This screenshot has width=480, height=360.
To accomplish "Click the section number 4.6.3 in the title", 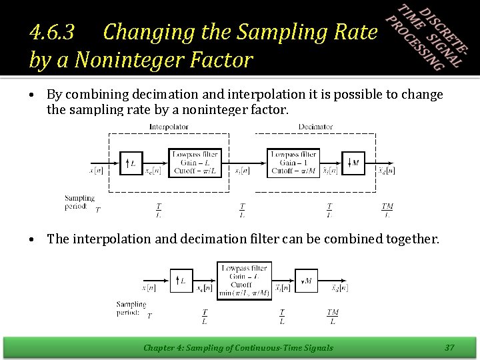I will pos(56,31).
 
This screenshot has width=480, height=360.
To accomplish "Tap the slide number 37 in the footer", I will pos(449,347).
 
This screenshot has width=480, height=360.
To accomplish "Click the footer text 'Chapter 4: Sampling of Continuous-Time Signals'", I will pos(239,347).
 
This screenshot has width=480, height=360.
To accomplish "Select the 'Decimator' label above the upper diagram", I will pos(315,127).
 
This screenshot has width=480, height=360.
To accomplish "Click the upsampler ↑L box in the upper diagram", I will pos(131,162).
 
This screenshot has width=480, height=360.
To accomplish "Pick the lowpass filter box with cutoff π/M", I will pos(293,163).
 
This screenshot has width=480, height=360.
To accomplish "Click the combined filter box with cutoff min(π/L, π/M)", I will pos(244,280).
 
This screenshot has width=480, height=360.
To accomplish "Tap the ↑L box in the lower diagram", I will pos(181,281).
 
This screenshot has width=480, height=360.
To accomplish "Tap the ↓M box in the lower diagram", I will pos(307,281).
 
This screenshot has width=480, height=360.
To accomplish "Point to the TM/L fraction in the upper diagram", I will pos(387,210).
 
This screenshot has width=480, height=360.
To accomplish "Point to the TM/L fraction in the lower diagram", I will pos(332,317).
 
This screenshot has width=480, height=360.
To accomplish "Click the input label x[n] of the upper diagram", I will pos(97,171).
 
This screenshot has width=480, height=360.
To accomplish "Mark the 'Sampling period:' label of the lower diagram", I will pos(131,307).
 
